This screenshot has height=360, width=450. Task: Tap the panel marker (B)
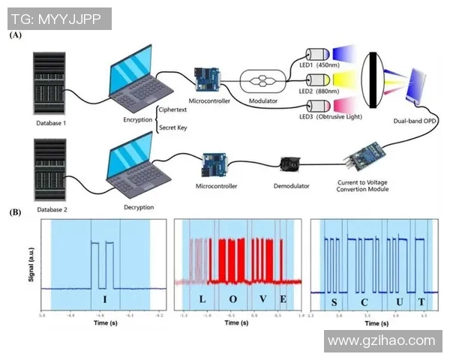tap(15, 212)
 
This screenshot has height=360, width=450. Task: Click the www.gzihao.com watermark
tap(382, 341)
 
